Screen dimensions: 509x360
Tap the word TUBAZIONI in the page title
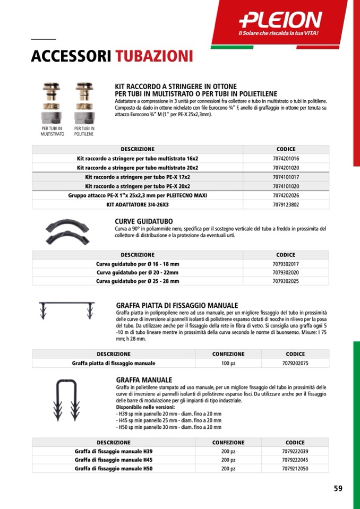[x=154, y=56]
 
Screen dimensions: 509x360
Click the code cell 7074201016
[x=286, y=159]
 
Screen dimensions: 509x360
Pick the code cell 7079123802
[x=286, y=204]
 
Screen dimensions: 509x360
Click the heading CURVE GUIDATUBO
[x=143, y=221]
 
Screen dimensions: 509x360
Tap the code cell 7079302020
[x=286, y=272]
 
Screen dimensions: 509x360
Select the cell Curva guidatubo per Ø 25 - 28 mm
[x=138, y=281]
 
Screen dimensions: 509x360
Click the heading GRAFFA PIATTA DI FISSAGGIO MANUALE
[x=177, y=306]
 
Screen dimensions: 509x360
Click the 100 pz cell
[x=228, y=364]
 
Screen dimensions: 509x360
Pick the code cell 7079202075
[x=295, y=364]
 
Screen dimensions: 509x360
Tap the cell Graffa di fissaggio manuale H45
[x=114, y=460]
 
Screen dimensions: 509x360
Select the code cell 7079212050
[x=295, y=469]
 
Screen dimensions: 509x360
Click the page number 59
[x=338, y=489]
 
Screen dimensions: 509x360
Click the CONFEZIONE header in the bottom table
[x=228, y=442]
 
